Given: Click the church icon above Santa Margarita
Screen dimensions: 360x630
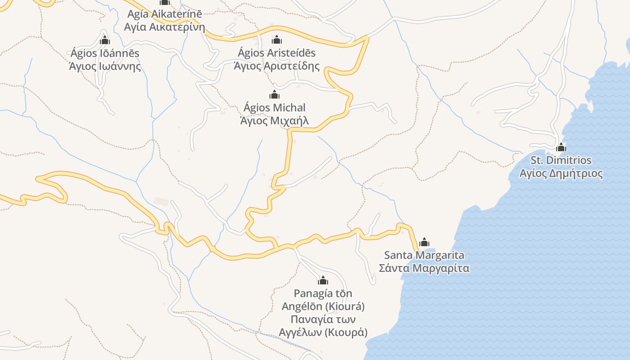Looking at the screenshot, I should click(x=424, y=243).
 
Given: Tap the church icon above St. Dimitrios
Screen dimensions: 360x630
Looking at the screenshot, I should click(x=561, y=147).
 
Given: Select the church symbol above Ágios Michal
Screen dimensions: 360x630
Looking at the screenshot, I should click(x=274, y=94).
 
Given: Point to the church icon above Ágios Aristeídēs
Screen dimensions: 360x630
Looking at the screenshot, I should click(x=277, y=40).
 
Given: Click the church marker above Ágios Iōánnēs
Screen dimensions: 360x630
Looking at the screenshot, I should click(x=105, y=40).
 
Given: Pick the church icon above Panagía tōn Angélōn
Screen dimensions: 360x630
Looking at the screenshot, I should click(x=323, y=281).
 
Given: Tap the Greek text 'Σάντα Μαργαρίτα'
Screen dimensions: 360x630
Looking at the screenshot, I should click(x=424, y=268).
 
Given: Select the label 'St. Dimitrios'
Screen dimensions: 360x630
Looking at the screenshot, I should click(x=561, y=160).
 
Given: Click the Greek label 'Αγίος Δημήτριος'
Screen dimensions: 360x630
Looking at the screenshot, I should click(x=561, y=173).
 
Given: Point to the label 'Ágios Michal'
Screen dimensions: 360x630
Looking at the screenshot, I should click(x=274, y=108).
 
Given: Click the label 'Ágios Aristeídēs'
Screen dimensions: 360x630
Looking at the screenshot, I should click(x=277, y=53).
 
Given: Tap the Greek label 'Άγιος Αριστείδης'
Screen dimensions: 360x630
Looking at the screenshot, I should click(x=277, y=66).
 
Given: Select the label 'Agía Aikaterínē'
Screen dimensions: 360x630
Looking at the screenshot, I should click(x=165, y=14).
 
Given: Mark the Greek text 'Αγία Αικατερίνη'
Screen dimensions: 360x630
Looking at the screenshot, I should click(x=165, y=27).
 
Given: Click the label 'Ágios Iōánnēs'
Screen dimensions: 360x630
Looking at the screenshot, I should click(x=105, y=53).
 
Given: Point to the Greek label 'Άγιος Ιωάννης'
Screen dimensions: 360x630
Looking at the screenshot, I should click(x=105, y=66).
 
